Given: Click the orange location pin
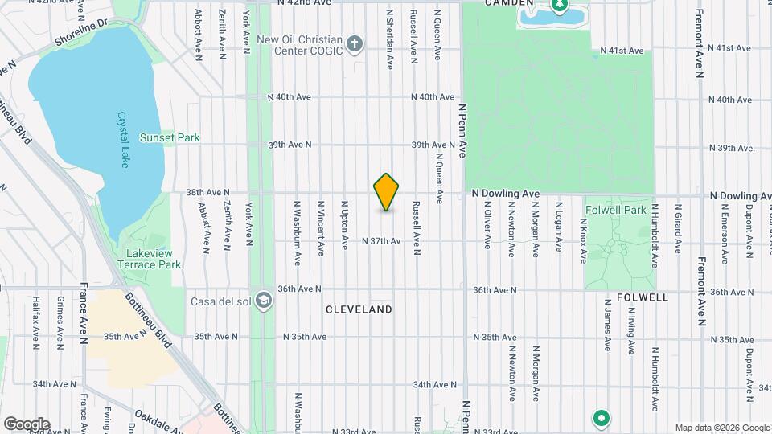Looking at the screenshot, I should click(x=387, y=192).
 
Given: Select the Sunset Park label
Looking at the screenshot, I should click(x=170, y=137).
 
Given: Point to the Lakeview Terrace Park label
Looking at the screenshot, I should click(x=149, y=259).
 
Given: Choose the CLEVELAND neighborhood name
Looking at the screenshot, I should click(x=359, y=309).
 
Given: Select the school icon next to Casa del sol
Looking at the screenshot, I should click(x=265, y=302).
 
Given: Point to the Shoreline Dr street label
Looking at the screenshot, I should click(x=80, y=34).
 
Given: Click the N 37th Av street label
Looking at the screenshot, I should click(x=381, y=241).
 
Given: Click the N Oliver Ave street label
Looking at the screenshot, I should click(x=487, y=225).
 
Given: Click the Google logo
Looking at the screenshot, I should click(x=27, y=424).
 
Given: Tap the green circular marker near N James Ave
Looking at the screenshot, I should click(x=600, y=419).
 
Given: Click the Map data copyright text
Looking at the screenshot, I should click(x=721, y=428).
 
